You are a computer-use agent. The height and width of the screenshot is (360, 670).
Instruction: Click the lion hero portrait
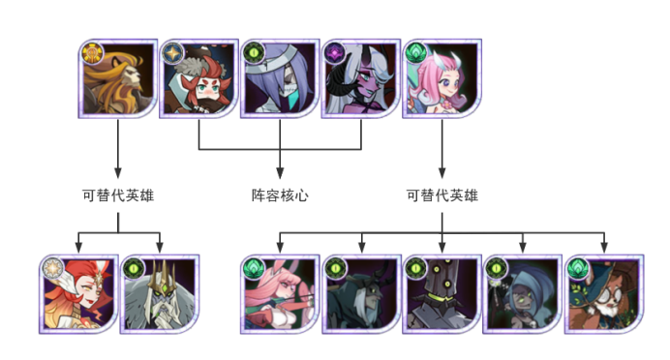117,78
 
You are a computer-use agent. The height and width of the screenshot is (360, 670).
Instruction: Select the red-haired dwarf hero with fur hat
198,78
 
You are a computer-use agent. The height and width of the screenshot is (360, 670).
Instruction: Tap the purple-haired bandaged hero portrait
280,78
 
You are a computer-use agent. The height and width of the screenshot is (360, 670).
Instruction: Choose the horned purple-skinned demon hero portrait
361,78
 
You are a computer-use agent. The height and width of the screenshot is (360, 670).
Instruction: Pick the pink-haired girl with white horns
442,78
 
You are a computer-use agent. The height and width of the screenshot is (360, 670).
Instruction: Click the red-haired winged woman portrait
78,294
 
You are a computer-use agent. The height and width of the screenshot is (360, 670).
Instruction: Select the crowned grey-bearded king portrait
160,294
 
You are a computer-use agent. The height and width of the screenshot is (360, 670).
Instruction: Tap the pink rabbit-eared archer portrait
280,294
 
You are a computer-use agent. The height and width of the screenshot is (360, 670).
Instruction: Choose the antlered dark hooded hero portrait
361,294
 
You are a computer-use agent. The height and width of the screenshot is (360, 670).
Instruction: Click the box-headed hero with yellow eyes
442,294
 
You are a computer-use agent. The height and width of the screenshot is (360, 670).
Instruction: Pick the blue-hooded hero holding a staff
523,294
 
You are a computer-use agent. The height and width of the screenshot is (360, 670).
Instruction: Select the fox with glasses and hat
604,294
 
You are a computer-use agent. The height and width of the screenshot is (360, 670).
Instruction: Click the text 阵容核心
280,195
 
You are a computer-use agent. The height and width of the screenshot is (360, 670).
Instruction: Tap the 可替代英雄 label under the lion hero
118,195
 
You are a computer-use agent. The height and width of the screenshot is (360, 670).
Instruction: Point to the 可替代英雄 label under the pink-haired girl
442,195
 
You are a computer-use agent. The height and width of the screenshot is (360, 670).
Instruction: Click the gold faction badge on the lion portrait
92,53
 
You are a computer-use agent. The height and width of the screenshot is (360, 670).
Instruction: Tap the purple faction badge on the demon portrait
335,53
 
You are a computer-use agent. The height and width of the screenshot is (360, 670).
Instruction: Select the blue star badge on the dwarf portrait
173,53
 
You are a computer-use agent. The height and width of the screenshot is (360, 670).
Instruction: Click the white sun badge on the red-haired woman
53,269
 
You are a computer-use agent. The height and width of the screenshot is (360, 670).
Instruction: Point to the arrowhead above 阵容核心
280,173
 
